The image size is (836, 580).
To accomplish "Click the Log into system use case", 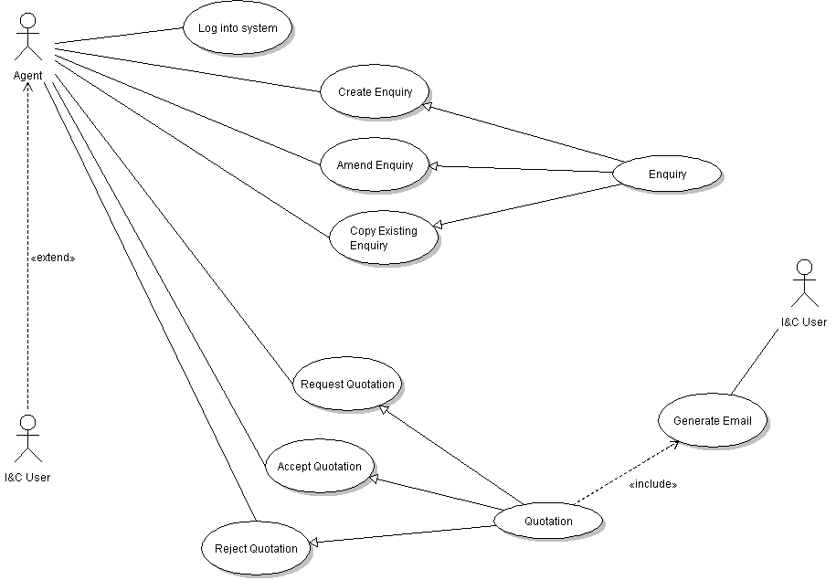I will [x=237, y=28].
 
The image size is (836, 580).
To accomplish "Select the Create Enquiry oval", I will [x=375, y=92].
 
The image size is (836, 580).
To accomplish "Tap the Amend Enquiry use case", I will [x=375, y=165].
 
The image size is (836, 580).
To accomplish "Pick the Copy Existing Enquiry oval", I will [x=383, y=238].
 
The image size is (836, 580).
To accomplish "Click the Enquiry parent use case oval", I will [x=667, y=174].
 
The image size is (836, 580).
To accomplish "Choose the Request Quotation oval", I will [x=347, y=385].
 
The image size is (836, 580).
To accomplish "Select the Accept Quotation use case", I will [x=319, y=467].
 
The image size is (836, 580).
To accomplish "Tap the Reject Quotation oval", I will [x=256, y=549].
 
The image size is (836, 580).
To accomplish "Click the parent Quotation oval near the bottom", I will [x=548, y=522].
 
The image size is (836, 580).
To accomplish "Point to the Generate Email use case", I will [x=713, y=421].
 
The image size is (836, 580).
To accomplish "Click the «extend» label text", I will [x=53, y=258].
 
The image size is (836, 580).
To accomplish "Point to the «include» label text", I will [x=653, y=484].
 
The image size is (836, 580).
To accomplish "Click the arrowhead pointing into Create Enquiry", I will [x=426, y=106].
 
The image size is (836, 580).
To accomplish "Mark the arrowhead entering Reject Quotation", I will [x=314, y=543].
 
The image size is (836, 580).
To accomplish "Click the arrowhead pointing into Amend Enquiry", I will [x=435, y=166].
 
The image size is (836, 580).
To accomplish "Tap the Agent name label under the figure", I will [x=27, y=75].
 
